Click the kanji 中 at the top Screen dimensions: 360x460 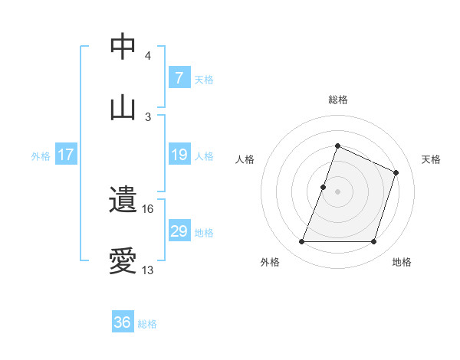click(123, 47)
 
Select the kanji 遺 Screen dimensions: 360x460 click(123, 201)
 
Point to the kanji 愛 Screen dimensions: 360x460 click(123, 261)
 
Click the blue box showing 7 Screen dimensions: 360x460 click(179, 78)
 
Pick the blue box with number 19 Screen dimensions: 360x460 click(179, 155)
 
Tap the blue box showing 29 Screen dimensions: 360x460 click(179, 231)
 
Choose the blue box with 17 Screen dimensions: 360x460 click(66, 155)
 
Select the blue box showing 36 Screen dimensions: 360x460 click(123, 322)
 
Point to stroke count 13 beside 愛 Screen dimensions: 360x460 click(147, 270)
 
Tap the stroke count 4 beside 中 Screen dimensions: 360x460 click(147, 56)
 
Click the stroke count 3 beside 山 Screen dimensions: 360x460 click(147, 116)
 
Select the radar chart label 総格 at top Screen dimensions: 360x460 click(337, 100)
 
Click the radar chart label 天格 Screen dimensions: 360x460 click(431, 159)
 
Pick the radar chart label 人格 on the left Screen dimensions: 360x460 click(245, 159)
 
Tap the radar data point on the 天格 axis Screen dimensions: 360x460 click(396, 172)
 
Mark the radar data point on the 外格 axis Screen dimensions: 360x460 click(301, 242)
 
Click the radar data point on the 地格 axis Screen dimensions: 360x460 click(374, 242)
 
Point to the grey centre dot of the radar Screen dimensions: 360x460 click(337, 191)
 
